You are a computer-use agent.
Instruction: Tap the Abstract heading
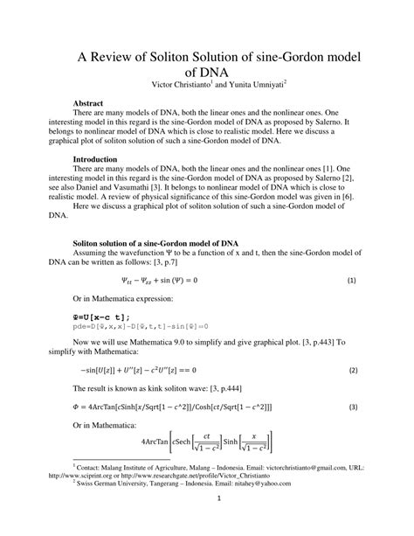93,103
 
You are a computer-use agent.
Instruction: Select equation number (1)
350,282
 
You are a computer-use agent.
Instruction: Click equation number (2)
350,370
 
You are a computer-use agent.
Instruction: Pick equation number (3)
350,407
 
